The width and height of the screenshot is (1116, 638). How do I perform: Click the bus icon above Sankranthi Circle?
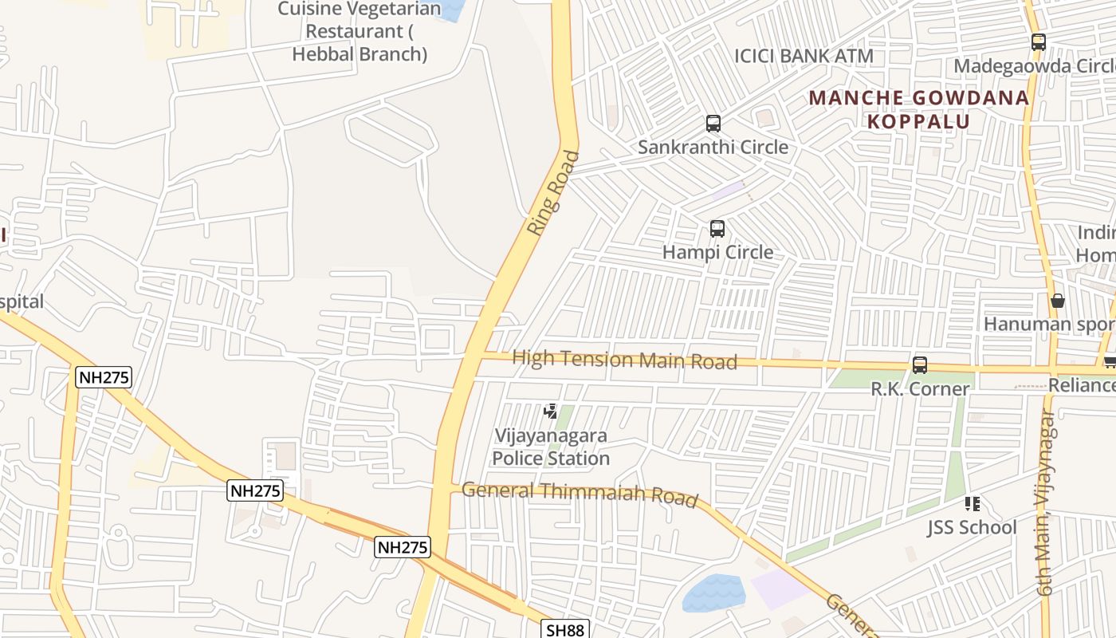[x=713, y=124]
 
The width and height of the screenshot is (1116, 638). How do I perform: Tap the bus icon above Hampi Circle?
[x=717, y=229]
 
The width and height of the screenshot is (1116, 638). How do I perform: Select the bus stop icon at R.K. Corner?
[x=920, y=365]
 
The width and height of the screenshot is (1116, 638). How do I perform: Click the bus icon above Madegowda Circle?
[x=1038, y=42]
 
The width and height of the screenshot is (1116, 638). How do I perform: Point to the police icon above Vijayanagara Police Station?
[x=550, y=412]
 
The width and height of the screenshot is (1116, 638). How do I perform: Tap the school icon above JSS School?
[x=972, y=503]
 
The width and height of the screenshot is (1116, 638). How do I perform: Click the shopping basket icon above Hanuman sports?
[x=1058, y=301]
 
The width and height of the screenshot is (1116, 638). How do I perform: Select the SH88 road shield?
[x=565, y=629]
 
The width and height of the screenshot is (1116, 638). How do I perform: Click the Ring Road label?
[x=553, y=193]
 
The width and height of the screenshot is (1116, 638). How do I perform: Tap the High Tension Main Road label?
[x=624, y=360]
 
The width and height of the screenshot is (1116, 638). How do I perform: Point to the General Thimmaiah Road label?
[x=580, y=494]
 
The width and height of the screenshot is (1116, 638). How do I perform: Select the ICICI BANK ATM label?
[x=804, y=56]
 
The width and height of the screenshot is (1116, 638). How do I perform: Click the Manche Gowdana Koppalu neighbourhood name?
[x=919, y=109]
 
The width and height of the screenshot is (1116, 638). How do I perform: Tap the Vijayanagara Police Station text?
[x=551, y=447]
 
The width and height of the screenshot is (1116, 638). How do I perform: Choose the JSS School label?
[x=972, y=527]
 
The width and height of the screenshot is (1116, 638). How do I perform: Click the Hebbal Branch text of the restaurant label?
[x=360, y=54]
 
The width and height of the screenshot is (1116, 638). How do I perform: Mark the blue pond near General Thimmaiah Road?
[x=714, y=593]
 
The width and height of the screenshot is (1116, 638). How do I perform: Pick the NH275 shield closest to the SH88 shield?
[x=403, y=547]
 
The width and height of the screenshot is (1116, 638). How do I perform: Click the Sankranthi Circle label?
[x=713, y=147]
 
